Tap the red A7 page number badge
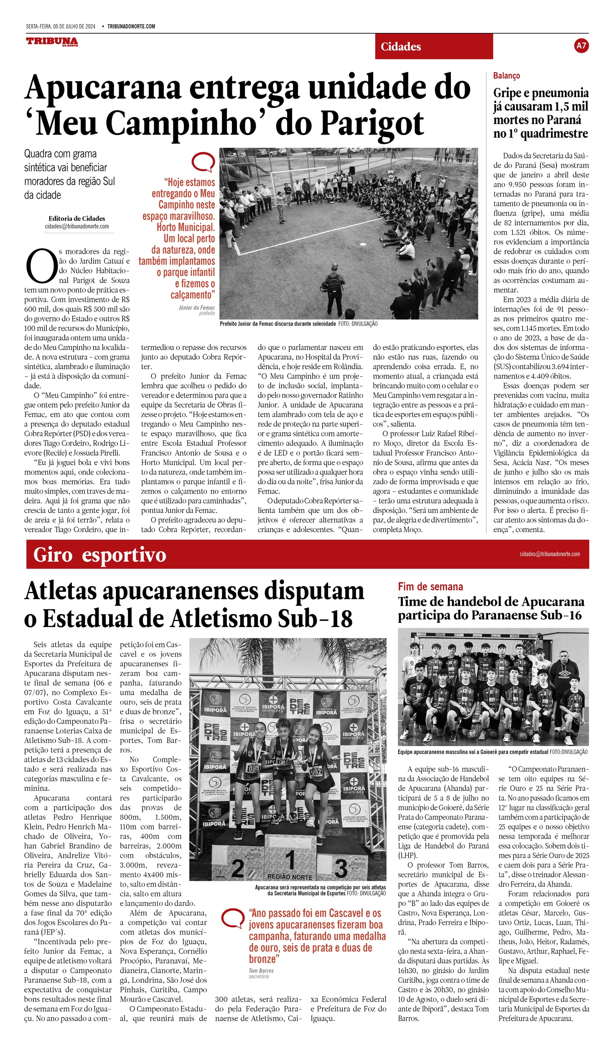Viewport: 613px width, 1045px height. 581,46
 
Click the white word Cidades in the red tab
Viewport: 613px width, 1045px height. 400,46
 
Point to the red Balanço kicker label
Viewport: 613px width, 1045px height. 506,76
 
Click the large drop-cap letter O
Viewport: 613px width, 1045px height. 41,266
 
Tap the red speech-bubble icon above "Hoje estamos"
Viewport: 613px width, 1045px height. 203,162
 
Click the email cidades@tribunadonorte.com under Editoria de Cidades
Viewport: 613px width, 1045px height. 77,226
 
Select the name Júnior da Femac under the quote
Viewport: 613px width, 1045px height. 196,307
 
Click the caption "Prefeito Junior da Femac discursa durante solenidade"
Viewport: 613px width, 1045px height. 277,324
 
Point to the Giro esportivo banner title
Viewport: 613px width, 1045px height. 99,555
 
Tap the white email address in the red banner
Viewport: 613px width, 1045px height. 549,554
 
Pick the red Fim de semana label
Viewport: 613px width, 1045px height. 430,586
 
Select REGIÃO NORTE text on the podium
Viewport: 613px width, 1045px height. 290,877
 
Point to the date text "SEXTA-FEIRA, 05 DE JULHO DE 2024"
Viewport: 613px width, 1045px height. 61,26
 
